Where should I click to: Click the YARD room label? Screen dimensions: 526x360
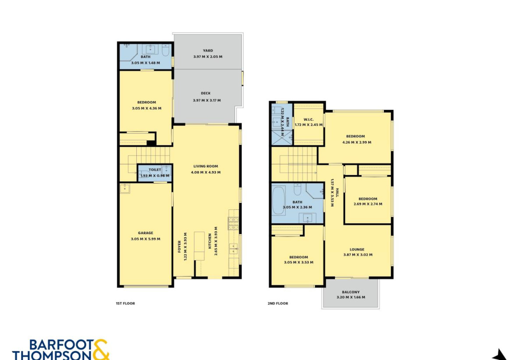pyautogui.click(x=208, y=50)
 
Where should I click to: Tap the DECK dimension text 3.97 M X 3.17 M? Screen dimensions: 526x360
pyautogui.click(x=207, y=100)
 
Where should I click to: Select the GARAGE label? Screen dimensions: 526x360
pyautogui.click(x=146, y=233)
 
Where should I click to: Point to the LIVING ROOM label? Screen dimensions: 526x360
pyautogui.click(x=206, y=166)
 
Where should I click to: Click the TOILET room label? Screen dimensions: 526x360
pyautogui.click(x=155, y=169)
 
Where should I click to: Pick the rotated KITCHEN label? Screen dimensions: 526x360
pyautogui.click(x=210, y=241)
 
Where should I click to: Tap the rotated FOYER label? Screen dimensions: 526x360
pyautogui.click(x=179, y=247)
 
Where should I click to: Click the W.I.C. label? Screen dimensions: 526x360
pyautogui.click(x=309, y=120)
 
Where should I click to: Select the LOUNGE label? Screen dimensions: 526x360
pyautogui.click(x=357, y=250)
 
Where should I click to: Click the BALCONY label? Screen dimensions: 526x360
pyautogui.click(x=351, y=292)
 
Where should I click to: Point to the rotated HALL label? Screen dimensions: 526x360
pyautogui.click(x=338, y=192)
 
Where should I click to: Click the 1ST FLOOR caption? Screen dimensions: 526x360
pyautogui.click(x=125, y=303)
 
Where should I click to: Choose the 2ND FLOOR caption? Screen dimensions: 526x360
pyautogui.click(x=278, y=303)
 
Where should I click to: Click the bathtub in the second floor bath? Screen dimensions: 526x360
pyautogui.click(x=279, y=201)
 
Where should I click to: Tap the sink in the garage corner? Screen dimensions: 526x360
pyautogui.click(x=124, y=188)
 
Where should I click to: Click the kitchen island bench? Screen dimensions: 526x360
pyautogui.click(x=199, y=246)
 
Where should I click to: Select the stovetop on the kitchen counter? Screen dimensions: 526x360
pyautogui.click(x=233, y=223)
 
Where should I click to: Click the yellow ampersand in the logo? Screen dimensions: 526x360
pyautogui.click(x=101, y=349)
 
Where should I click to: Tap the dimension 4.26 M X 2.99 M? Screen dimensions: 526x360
pyautogui.click(x=357, y=142)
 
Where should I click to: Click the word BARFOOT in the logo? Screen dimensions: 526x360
pyautogui.click(x=61, y=345)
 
